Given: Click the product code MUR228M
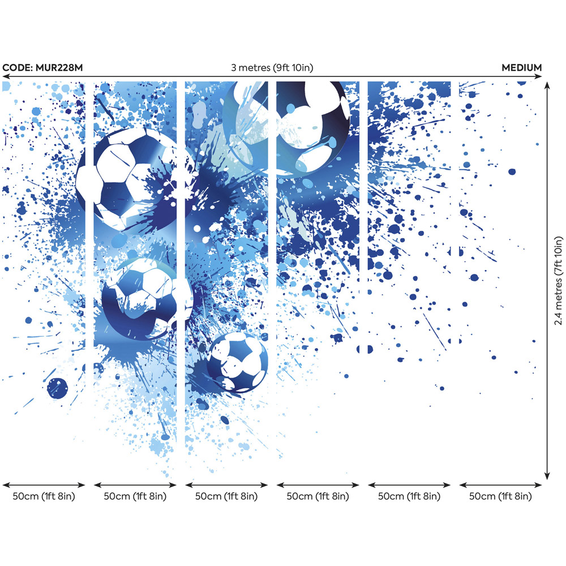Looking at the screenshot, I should click(57, 68).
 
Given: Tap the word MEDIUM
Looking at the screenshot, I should click(521, 68).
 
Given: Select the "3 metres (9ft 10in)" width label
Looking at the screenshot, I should click(272, 68).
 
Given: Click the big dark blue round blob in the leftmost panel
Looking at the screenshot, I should click(57, 388).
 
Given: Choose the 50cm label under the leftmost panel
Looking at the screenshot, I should click(44, 496).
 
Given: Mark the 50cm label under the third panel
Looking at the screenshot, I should click(226, 496).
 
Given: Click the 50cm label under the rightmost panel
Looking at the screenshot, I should click(500, 496).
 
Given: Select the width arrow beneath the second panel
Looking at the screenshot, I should click(135, 484).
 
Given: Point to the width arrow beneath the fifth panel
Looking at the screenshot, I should click(409, 484).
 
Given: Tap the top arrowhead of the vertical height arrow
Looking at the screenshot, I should click(547, 85).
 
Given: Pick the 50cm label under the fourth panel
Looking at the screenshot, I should click(318, 496).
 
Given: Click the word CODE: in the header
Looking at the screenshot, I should click(17, 68).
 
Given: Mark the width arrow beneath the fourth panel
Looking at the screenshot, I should click(318, 484).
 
